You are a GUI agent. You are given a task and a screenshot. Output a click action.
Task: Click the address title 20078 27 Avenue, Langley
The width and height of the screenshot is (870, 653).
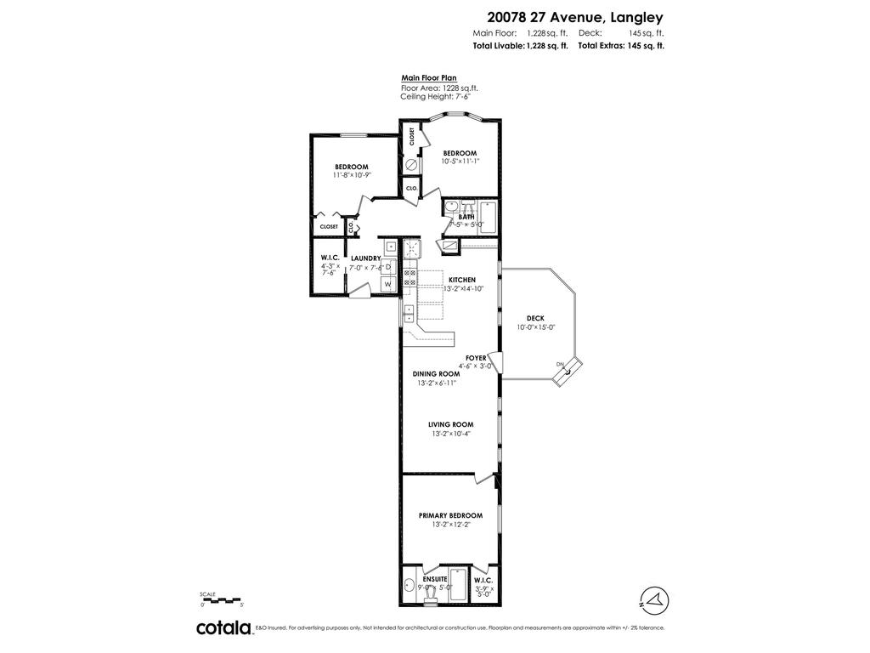pos(575,16)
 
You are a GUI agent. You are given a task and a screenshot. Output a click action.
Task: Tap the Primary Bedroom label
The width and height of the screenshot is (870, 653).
pos(450,515)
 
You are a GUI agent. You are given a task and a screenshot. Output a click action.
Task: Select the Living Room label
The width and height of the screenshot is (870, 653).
pos(450,424)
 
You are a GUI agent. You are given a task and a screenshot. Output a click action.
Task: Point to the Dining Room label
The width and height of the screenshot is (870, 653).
pos(436,373)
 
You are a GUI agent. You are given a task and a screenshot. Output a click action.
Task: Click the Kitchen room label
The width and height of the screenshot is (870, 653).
pos(462,280)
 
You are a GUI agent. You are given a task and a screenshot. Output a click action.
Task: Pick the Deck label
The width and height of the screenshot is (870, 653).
pos(535,318)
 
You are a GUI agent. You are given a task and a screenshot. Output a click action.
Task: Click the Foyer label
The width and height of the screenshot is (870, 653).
pos(476,358)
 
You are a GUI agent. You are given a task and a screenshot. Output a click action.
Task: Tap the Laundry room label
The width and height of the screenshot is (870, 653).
pos(365,258)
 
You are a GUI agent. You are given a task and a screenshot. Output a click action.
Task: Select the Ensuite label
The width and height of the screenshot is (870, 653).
pos(435,579)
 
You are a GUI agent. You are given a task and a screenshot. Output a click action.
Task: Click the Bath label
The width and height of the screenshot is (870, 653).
pos(466,217)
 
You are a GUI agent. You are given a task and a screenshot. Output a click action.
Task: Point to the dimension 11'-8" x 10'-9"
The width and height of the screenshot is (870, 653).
pos(352,174)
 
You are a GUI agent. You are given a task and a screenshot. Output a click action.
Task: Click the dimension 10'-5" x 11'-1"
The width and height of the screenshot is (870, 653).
pos(460,162)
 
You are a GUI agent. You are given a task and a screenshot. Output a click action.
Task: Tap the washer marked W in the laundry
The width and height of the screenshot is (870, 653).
pos(388,283)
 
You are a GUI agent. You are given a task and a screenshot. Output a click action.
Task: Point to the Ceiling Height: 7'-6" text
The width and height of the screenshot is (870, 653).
pos(435,96)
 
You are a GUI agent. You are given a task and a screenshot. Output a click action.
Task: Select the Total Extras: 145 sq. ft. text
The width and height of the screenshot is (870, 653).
pos(621,46)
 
